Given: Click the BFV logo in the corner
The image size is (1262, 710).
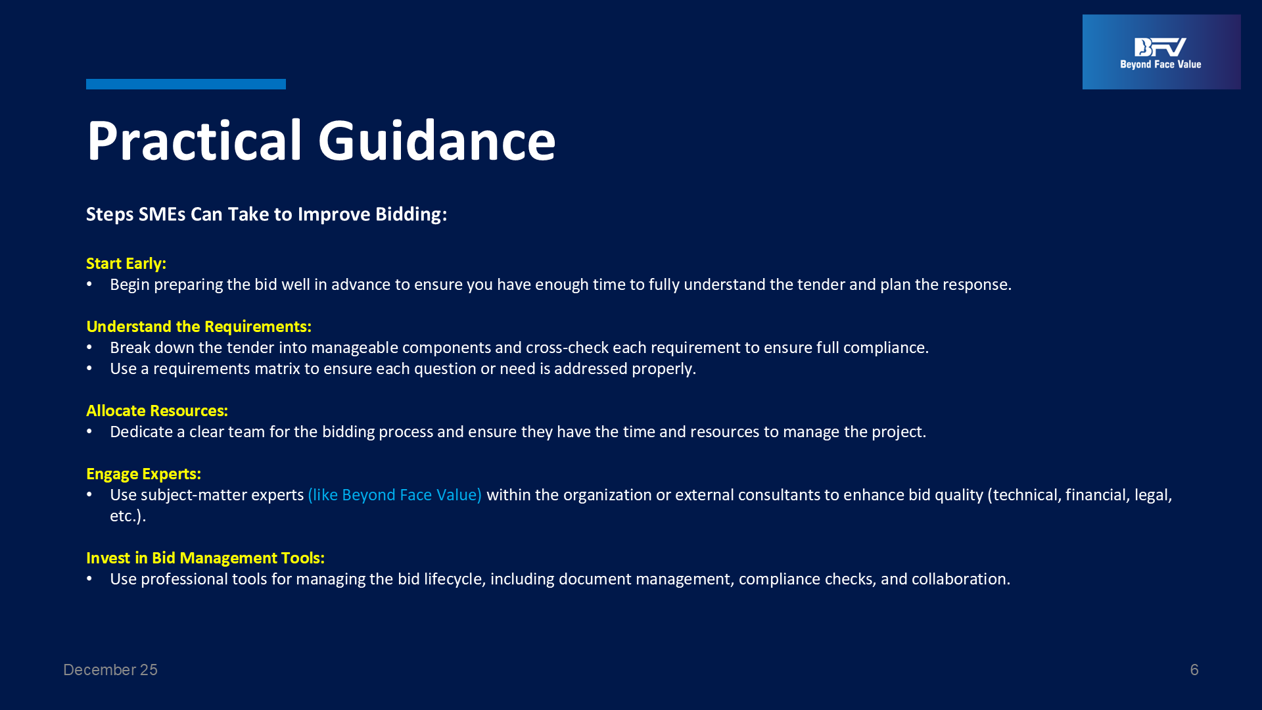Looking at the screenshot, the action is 1161,52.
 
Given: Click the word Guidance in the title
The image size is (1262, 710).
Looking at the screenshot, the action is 437,140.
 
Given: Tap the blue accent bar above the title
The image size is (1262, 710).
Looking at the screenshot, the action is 186,84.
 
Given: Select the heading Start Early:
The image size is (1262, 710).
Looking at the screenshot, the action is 126,264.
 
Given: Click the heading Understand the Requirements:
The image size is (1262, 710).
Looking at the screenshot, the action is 199,327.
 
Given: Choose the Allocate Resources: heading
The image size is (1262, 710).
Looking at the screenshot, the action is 157,411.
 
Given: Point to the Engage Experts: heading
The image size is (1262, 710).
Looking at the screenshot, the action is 143,474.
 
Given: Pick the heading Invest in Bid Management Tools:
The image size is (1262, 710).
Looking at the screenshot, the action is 205,558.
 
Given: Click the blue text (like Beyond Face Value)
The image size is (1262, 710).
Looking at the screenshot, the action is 394,495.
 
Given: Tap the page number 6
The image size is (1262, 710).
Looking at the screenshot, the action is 1194,670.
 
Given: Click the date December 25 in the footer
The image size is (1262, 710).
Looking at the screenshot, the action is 110,670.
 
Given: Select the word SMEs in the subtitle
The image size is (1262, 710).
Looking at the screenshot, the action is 162,214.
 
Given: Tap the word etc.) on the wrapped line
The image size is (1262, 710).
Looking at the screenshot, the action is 128,516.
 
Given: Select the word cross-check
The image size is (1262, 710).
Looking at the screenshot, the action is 567,348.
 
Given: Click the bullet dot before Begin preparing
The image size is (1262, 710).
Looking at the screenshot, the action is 89,284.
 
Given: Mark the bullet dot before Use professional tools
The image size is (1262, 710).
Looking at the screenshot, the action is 89,579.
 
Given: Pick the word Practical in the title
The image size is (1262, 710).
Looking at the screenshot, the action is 195,140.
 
